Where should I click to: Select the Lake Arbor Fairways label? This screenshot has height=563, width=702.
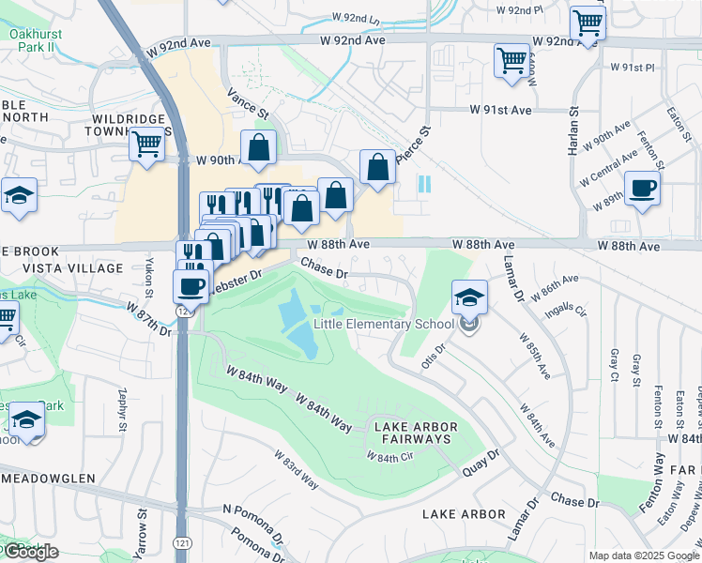click(414, 433)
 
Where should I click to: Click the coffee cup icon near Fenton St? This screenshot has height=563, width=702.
click(642, 189)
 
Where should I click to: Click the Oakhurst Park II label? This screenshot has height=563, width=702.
click(35, 41)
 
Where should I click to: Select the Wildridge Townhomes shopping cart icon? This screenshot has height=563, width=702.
click(147, 145)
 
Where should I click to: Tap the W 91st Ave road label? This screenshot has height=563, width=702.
click(500, 110)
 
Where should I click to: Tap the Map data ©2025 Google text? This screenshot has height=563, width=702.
click(643, 555)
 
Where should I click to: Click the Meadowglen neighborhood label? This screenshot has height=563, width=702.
click(47, 478)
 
